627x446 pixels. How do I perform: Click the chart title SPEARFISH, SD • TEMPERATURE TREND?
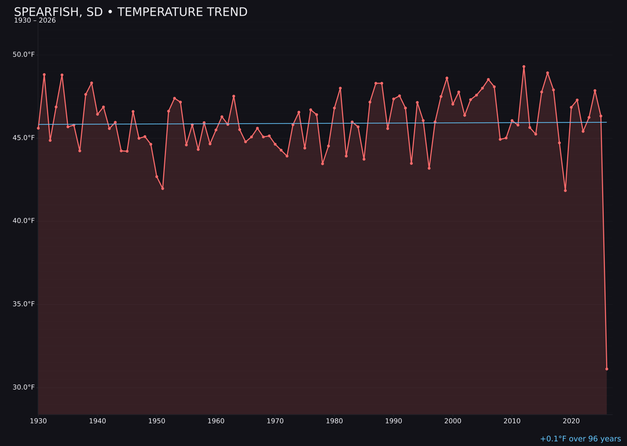pyautogui.click(x=131, y=12)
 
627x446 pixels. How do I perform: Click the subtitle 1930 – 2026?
pyautogui.click(x=35, y=21)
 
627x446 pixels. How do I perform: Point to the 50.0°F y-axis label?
pyautogui.click(x=24, y=55)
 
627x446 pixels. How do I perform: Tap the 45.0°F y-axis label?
pyautogui.click(x=24, y=138)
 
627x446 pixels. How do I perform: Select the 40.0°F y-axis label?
pyautogui.click(x=24, y=221)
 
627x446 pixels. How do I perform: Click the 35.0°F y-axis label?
pyautogui.click(x=24, y=304)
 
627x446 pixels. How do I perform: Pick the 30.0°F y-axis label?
pyautogui.click(x=24, y=387)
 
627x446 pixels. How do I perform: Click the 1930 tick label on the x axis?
pyautogui.click(x=38, y=421)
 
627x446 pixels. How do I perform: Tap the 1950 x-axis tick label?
pyautogui.click(x=157, y=421)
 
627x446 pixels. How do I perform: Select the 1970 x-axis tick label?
pyautogui.click(x=275, y=421)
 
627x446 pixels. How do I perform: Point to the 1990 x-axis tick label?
pyautogui.click(x=394, y=421)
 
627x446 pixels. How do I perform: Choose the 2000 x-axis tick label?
pyautogui.click(x=453, y=421)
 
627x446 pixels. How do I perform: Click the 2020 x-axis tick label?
pyautogui.click(x=571, y=421)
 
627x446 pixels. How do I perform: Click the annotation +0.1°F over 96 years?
pyautogui.click(x=580, y=439)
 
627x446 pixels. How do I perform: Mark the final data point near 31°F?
pyautogui.click(x=607, y=369)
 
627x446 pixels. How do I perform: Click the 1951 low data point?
pyautogui.click(x=163, y=188)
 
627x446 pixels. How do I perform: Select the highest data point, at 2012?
pyautogui.click(x=524, y=67)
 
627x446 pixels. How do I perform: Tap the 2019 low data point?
pyautogui.click(x=565, y=190)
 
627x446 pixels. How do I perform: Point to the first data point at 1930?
pyautogui.click(x=38, y=128)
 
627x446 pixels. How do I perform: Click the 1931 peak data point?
pyautogui.click(x=44, y=75)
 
